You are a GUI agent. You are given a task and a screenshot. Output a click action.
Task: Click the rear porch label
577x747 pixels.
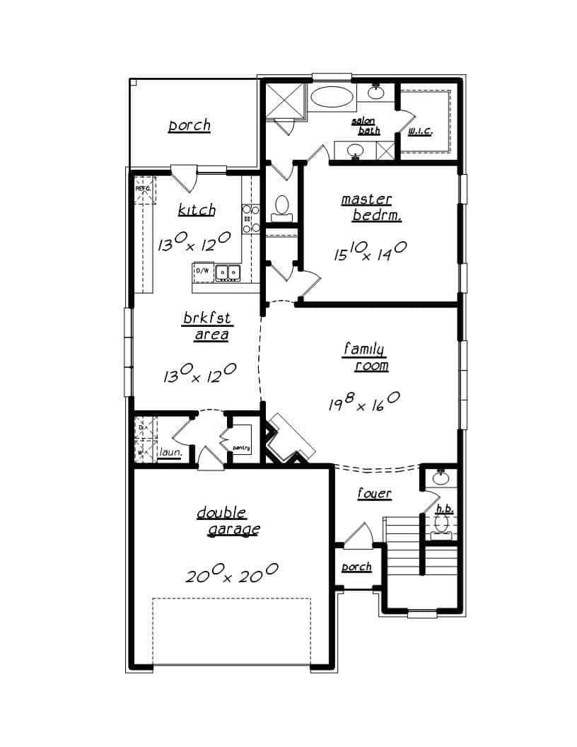pyautogui.click(x=189, y=126)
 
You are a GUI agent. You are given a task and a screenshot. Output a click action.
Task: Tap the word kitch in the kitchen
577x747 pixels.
pyautogui.click(x=197, y=210)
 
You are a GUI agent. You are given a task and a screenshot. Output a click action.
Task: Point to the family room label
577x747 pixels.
pyautogui.click(x=366, y=357)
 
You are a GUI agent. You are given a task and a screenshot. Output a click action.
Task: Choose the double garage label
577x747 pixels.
pyautogui.click(x=227, y=521)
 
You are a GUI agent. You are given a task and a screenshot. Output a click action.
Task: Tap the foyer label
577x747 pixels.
pyautogui.click(x=374, y=493)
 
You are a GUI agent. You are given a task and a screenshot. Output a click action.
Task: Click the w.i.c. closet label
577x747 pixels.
pyautogui.click(x=420, y=132)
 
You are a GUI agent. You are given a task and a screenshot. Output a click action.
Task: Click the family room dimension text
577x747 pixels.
pyautogui.click(x=363, y=402)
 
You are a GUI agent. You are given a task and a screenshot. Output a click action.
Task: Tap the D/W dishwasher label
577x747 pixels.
pyautogui.click(x=202, y=271)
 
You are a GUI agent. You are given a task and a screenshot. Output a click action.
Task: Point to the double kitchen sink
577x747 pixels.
pyautogui.click(x=228, y=271)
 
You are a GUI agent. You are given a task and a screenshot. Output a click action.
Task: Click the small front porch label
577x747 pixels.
pyautogui.click(x=356, y=567)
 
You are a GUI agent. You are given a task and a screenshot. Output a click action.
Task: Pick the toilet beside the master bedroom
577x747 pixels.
pyautogui.click(x=282, y=205)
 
